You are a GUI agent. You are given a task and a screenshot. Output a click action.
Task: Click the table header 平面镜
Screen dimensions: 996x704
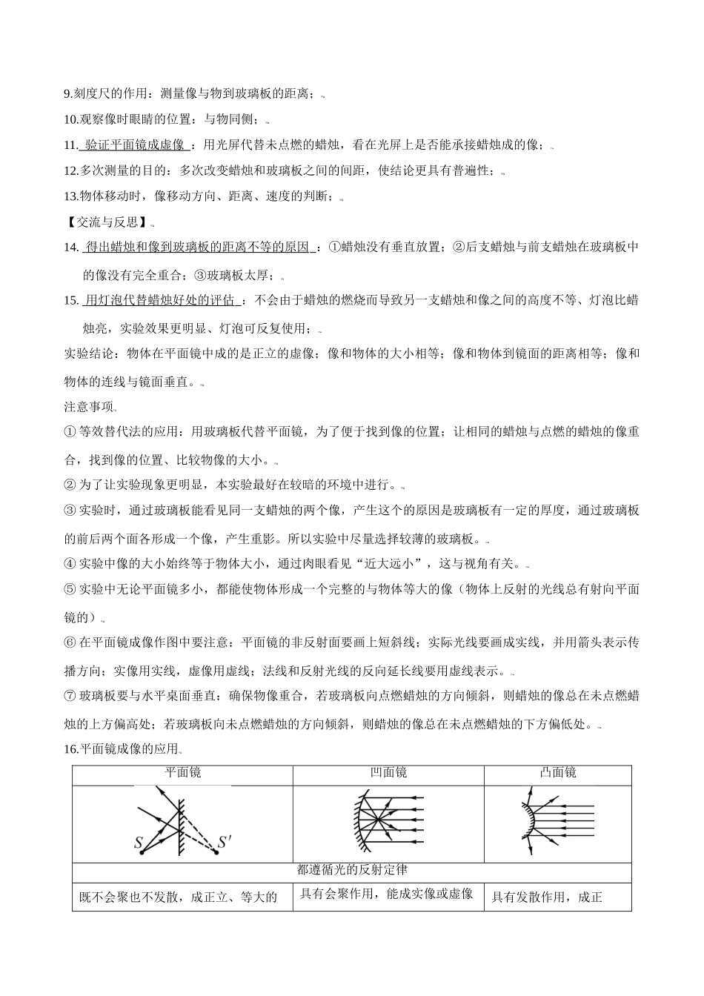click(x=182, y=773)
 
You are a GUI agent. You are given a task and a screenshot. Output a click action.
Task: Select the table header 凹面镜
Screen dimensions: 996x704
click(x=388, y=773)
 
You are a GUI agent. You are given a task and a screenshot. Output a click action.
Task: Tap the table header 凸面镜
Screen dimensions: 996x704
click(x=558, y=773)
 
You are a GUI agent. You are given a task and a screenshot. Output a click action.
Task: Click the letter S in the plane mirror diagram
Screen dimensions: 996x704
click(x=139, y=843)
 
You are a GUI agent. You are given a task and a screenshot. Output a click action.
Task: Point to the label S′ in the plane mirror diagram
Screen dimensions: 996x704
click(x=225, y=843)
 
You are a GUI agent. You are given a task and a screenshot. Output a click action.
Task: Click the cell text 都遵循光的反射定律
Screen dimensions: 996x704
click(x=352, y=869)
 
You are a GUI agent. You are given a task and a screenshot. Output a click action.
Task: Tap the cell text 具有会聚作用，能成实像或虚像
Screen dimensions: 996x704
click(x=386, y=894)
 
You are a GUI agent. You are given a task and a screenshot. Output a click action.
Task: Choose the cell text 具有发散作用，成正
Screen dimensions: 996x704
click(x=547, y=897)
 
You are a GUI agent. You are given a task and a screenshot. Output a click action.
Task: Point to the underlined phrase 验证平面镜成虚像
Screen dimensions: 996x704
click(x=135, y=145)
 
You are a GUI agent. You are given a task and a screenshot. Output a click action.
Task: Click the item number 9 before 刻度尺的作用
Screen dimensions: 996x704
click(x=67, y=93)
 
